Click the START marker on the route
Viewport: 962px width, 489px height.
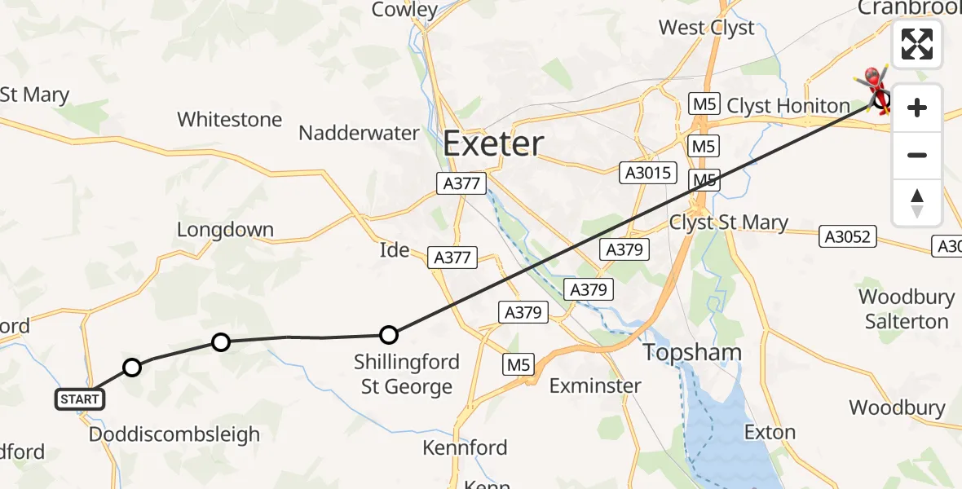pyautogui.click(x=80, y=399)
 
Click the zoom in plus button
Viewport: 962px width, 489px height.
pyautogui.click(x=917, y=108)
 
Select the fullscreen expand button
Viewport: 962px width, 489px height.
pyautogui.click(x=917, y=44)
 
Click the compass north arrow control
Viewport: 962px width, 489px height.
pyautogui.click(x=917, y=203)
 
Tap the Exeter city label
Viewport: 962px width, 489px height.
pyautogui.click(x=492, y=144)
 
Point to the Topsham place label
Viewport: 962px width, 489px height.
pyautogui.click(x=692, y=353)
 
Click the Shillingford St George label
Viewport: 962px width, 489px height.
pyautogui.click(x=406, y=374)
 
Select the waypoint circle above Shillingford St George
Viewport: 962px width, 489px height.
pyautogui.click(x=389, y=334)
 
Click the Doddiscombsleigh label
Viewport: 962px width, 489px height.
pyautogui.click(x=174, y=434)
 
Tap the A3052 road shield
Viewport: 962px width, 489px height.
pyautogui.click(x=848, y=237)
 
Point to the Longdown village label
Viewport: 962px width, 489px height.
pyautogui.click(x=225, y=230)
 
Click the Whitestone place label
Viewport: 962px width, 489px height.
pyautogui.click(x=229, y=120)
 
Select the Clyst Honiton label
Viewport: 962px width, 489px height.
pyautogui.click(x=788, y=106)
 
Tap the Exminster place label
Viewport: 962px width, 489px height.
pyautogui.click(x=595, y=385)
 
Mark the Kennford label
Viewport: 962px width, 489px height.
pyautogui.click(x=465, y=447)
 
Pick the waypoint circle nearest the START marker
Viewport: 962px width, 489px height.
pyautogui.click(x=132, y=368)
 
